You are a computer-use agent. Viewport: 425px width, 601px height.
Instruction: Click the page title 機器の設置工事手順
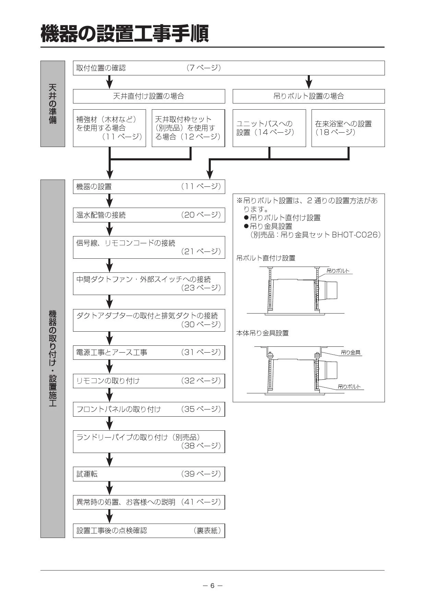(x=125, y=33)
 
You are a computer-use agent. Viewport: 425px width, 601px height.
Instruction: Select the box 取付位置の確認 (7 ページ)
(x=229, y=68)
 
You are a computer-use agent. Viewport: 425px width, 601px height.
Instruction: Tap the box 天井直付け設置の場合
(x=149, y=96)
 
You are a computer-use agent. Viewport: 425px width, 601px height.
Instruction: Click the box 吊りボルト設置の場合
(x=308, y=96)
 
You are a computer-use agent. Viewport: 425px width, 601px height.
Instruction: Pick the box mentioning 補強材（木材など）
(x=109, y=128)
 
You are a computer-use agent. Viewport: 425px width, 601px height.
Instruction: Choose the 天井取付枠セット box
(x=188, y=128)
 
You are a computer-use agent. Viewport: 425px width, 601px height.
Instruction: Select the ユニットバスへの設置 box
(x=269, y=128)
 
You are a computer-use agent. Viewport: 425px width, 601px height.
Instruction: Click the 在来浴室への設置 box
(x=348, y=128)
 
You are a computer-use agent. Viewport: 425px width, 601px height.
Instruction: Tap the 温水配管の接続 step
(x=149, y=215)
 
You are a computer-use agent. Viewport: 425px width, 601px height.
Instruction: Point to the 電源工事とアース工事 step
(x=149, y=352)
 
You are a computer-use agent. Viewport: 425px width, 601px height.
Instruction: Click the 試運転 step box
(x=149, y=474)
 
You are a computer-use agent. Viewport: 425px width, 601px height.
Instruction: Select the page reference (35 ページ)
(x=201, y=409)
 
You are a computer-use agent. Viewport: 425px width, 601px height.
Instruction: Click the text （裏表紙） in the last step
(x=207, y=530)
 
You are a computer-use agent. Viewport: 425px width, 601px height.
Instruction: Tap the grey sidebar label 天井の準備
(x=53, y=103)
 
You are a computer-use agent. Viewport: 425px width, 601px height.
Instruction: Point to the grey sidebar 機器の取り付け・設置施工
(x=53, y=358)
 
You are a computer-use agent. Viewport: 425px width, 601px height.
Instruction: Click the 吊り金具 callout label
(x=351, y=352)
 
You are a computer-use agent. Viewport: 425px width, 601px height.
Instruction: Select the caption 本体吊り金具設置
(x=263, y=333)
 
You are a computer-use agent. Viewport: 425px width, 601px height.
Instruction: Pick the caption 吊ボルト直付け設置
(x=266, y=258)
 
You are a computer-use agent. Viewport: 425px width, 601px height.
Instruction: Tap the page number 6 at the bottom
(x=212, y=586)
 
